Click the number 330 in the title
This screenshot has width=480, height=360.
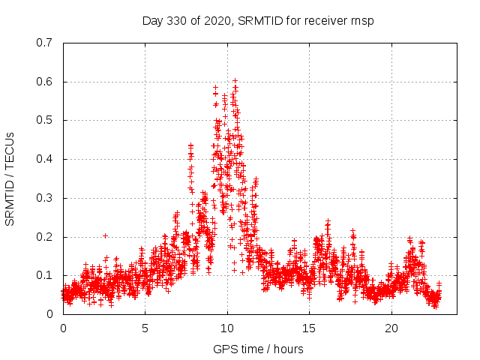[174, 20]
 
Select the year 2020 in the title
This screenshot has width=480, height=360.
[216, 20]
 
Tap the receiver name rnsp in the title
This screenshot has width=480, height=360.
[361, 20]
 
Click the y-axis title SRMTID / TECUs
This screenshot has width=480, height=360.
[10, 178]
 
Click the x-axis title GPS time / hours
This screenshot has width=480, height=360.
[258, 349]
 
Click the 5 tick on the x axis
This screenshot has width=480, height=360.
[145, 328]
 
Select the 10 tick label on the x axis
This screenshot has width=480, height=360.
[227, 328]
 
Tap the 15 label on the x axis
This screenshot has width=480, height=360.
[310, 328]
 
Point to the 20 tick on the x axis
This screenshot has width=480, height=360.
[391, 328]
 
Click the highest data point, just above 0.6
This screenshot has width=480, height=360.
[235, 80]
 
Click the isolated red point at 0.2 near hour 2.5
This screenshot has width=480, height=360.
[105, 235]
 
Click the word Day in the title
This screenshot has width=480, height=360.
[152, 20]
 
